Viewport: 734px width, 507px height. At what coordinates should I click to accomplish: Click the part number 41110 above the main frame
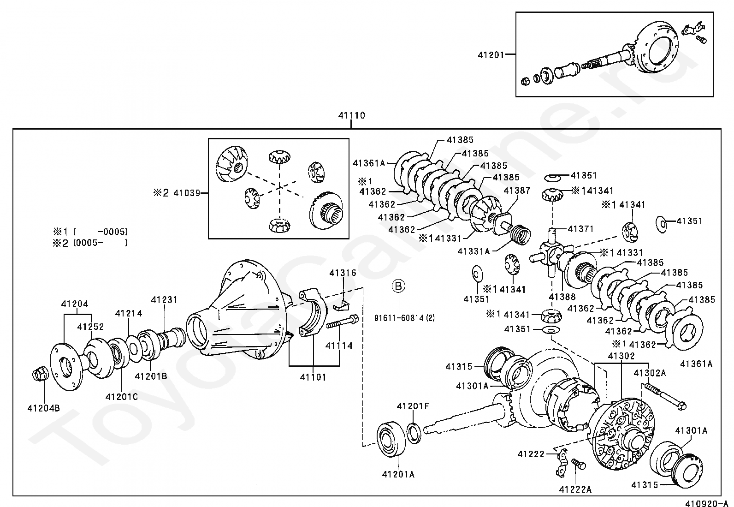(x=351, y=115)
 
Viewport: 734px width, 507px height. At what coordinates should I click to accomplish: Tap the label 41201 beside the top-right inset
(x=491, y=55)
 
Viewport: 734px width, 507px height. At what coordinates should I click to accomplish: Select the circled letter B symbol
(x=398, y=286)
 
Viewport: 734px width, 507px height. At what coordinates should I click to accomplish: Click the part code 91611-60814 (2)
(x=404, y=318)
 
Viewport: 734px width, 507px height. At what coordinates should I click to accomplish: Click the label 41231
(x=164, y=300)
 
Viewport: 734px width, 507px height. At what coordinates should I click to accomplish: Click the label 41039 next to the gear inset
(x=187, y=193)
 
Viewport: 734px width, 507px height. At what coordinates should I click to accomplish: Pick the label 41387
(x=517, y=190)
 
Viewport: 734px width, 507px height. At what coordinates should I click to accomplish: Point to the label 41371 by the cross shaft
(x=581, y=228)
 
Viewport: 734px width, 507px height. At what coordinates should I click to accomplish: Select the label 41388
(x=562, y=297)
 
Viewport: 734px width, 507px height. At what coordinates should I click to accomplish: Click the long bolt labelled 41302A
(x=665, y=397)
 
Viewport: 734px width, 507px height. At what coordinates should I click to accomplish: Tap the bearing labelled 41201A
(x=391, y=440)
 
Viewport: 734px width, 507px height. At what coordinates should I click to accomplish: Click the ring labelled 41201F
(x=414, y=434)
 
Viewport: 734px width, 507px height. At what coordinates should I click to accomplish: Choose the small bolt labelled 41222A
(x=579, y=465)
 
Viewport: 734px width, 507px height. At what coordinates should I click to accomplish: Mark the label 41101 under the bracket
(x=313, y=377)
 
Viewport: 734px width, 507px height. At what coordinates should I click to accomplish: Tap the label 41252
(x=90, y=327)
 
